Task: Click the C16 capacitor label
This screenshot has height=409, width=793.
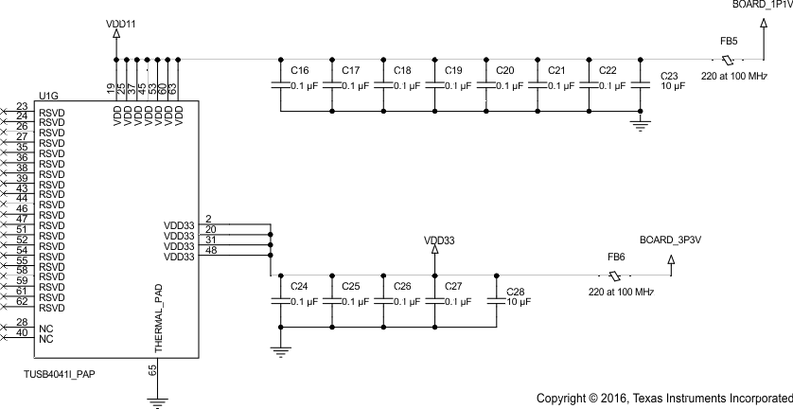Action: tap(300, 71)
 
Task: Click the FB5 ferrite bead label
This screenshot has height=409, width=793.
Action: tap(729, 42)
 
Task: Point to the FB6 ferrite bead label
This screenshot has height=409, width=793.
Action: tap(616, 258)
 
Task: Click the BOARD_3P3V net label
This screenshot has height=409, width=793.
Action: tap(670, 240)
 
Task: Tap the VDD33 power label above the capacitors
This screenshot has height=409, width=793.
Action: tap(439, 241)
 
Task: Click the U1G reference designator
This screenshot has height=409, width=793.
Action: tap(47, 95)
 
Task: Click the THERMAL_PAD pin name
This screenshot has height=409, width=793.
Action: tap(159, 322)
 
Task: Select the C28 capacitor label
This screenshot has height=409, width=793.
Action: tap(515, 292)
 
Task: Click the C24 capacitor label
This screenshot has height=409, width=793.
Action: tap(299, 286)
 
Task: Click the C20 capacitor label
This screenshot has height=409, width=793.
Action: tap(505, 71)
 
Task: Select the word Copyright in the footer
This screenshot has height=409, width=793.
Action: tap(565, 398)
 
